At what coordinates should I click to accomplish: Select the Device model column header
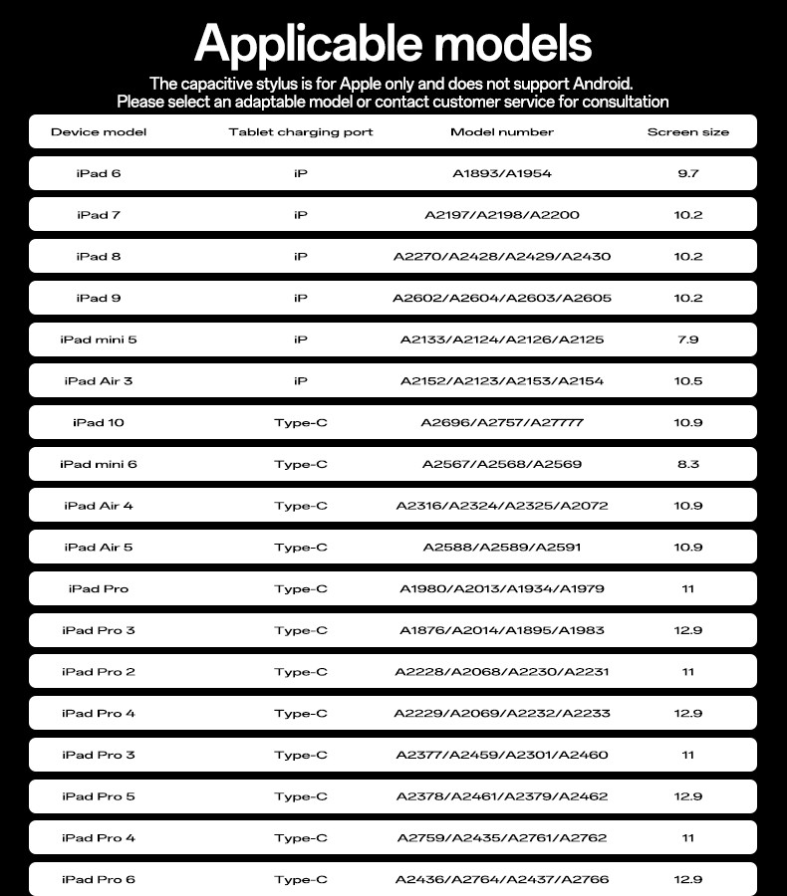pyautogui.click(x=99, y=131)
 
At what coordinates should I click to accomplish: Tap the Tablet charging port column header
pyautogui.click(x=301, y=131)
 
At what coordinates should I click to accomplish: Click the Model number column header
pyautogui.click(x=502, y=131)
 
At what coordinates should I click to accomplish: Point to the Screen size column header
pyautogui.click(x=688, y=131)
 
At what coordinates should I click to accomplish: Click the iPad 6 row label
pyautogui.click(x=99, y=173)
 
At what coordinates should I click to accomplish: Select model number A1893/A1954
pyautogui.click(x=502, y=173)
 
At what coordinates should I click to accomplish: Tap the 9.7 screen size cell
pyautogui.click(x=688, y=173)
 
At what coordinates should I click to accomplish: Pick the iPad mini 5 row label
pyautogui.click(x=99, y=339)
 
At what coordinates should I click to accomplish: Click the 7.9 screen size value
pyautogui.click(x=688, y=339)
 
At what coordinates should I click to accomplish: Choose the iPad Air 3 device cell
pyautogui.click(x=99, y=381)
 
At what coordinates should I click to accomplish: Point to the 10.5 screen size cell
pyautogui.click(x=688, y=381)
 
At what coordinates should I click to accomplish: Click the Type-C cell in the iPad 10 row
pyautogui.click(x=301, y=423)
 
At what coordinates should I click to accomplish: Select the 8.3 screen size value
pyautogui.click(x=688, y=464)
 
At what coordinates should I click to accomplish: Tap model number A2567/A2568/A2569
pyautogui.click(x=502, y=464)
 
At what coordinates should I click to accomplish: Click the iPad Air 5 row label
pyautogui.click(x=99, y=548)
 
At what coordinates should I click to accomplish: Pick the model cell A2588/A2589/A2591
pyautogui.click(x=502, y=548)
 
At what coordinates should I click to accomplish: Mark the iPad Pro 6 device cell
pyautogui.click(x=99, y=880)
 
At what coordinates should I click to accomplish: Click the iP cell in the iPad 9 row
pyautogui.click(x=301, y=298)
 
